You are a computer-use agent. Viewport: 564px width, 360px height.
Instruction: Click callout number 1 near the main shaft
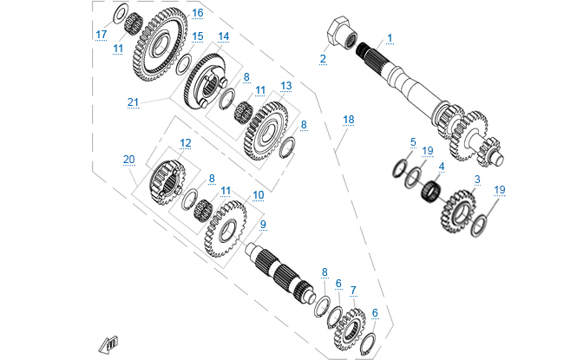(x=390, y=38)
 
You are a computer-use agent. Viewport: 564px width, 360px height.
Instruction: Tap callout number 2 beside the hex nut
(x=323, y=59)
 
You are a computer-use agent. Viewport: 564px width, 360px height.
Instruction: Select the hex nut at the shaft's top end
(x=336, y=32)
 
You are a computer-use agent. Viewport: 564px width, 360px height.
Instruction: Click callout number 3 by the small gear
(x=476, y=180)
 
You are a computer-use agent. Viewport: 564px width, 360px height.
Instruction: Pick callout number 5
(x=413, y=142)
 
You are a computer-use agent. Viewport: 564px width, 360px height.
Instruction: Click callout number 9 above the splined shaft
(x=264, y=224)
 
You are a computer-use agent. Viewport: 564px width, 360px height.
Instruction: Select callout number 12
(x=185, y=143)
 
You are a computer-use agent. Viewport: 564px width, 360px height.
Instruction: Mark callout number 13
(x=285, y=87)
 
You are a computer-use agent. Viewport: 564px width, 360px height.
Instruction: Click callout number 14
(x=223, y=36)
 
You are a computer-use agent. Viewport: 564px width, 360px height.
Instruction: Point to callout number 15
(x=197, y=36)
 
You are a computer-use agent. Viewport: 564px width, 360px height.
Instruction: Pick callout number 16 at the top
(x=197, y=13)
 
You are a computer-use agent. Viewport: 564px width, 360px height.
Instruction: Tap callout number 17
(x=102, y=35)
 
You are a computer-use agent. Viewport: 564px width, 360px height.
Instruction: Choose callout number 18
(x=348, y=119)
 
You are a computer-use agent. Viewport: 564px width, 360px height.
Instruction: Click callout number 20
(x=129, y=160)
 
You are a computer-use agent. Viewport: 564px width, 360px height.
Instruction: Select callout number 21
(x=133, y=102)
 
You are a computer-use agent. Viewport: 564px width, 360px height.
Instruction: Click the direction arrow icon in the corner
(x=109, y=344)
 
